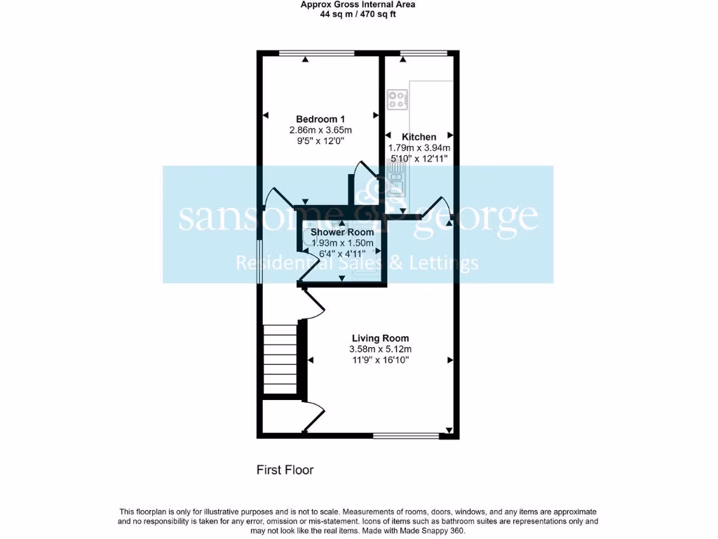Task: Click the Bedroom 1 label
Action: point(320,119)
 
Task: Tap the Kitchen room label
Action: point(419,137)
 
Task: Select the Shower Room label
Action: point(342,232)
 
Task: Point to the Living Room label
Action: point(381,338)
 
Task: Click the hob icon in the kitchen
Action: point(398,100)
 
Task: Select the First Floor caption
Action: point(285,470)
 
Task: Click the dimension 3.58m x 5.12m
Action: point(381,349)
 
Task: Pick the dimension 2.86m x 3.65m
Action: point(320,130)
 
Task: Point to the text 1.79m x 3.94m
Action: point(419,148)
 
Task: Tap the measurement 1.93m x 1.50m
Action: point(342,243)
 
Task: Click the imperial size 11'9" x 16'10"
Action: point(381,360)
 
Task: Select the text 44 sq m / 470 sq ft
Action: point(358,12)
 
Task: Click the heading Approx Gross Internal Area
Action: point(358,4)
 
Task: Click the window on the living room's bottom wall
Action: point(406,436)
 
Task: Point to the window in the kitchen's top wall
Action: point(424,53)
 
